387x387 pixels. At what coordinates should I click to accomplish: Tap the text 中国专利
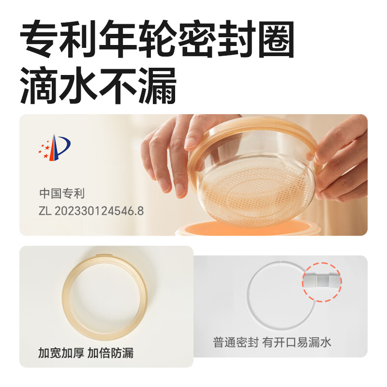(62, 194)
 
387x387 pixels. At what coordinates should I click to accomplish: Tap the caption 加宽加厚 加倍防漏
(86, 353)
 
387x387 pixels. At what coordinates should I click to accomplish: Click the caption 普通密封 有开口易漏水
(273, 342)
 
